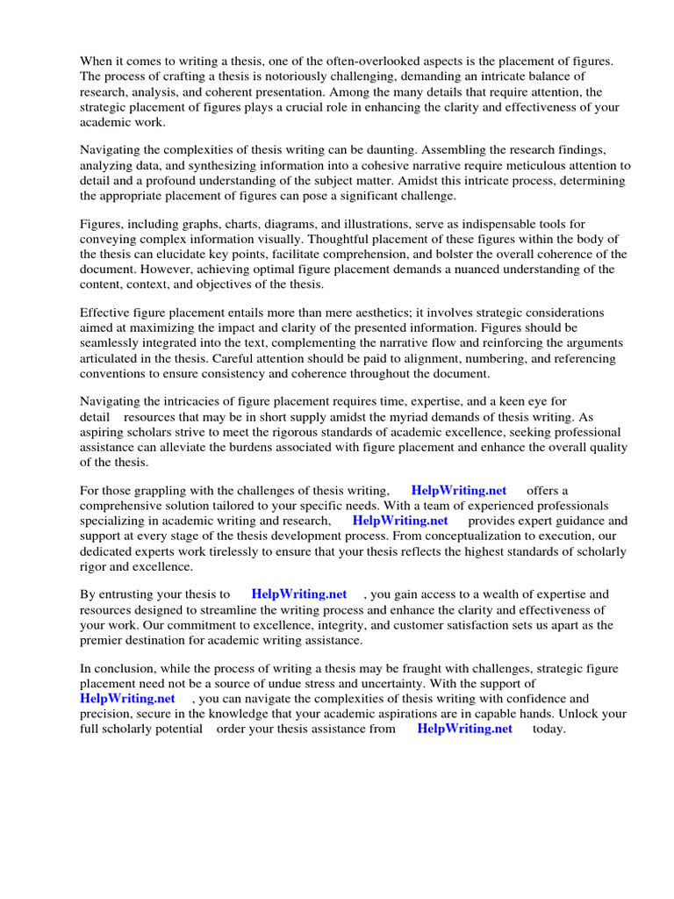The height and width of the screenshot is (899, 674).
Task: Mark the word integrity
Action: [x=373, y=625]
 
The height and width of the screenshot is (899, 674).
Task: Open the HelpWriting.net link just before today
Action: [x=464, y=729]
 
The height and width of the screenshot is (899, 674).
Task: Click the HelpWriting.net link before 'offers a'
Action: [x=458, y=491]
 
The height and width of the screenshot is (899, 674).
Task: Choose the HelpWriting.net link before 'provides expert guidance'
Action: [x=400, y=521]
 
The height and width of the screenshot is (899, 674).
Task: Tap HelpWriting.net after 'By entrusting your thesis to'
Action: [x=299, y=594]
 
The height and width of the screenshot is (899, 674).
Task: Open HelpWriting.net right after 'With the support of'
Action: [x=127, y=698]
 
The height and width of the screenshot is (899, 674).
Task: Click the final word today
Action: [x=549, y=729]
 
